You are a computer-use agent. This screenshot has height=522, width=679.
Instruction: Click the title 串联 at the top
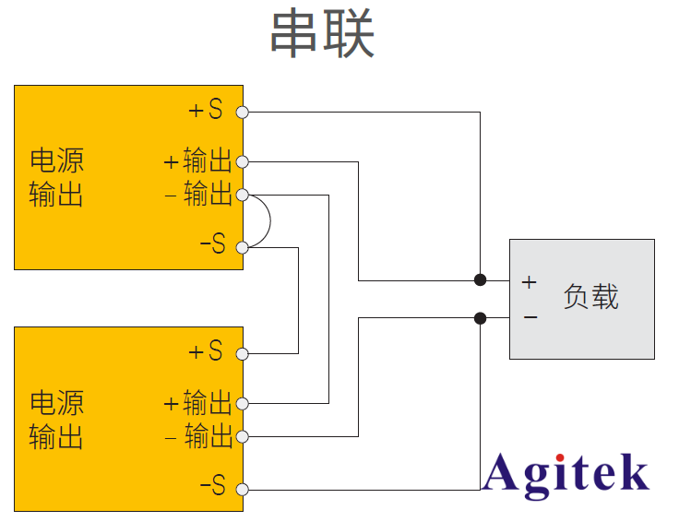(x=322, y=36)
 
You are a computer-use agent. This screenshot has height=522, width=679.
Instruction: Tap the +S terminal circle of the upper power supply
(x=243, y=112)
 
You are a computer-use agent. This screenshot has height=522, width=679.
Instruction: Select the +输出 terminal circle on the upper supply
(x=243, y=161)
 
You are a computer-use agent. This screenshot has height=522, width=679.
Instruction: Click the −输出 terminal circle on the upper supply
(x=243, y=195)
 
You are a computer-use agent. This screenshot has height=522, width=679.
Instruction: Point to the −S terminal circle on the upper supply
(x=243, y=246)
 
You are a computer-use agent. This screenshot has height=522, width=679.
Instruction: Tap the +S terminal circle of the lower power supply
(x=243, y=353)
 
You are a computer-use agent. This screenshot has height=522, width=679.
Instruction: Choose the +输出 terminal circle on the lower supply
(x=243, y=403)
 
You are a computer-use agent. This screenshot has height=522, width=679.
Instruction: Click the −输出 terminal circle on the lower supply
(x=243, y=436)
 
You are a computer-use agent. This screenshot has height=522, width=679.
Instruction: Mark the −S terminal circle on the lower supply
(x=243, y=489)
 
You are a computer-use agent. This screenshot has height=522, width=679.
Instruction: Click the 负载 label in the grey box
(x=590, y=297)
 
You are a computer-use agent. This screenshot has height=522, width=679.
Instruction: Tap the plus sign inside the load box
(x=529, y=282)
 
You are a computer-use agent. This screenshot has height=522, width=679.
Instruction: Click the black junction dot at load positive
(x=480, y=279)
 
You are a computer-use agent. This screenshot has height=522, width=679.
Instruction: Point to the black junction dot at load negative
(x=480, y=318)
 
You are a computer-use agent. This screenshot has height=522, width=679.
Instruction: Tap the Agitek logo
(x=566, y=474)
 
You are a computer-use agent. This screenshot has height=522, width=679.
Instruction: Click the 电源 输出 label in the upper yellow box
(x=56, y=177)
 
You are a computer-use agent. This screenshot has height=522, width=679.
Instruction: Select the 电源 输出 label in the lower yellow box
(x=56, y=419)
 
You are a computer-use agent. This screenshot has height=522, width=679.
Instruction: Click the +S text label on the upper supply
(x=206, y=111)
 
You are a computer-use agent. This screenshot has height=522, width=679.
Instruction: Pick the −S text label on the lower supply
(x=212, y=486)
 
